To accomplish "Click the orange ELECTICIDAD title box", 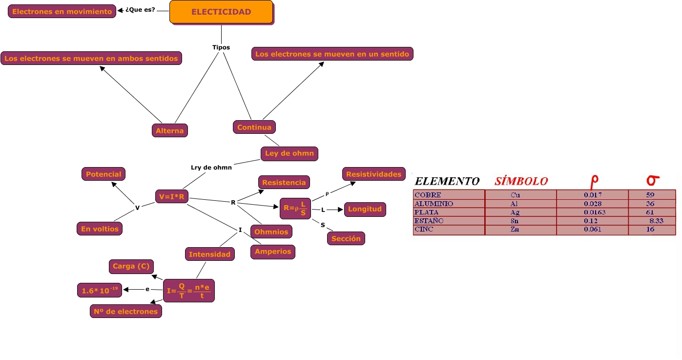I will (x=221, y=12).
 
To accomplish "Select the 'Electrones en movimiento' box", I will (x=62, y=11).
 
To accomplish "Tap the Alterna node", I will (x=170, y=130).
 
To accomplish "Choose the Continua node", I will (x=254, y=127).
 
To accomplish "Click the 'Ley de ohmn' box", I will (x=289, y=153).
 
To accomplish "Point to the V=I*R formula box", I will (x=172, y=197).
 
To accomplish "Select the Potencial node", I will (x=103, y=174).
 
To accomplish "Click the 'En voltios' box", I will (x=100, y=229).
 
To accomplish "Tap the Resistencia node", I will (x=284, y=182).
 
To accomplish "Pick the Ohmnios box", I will (x=271, y=232).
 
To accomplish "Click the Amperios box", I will (x=273, y=252).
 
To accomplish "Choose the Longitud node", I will (x=365, y=209).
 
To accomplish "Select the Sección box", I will (x=346, y=238).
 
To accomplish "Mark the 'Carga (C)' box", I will (x=131, y=266).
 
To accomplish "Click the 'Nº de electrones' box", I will (x=125, y=311).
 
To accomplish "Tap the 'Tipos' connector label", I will (x=221, y=47).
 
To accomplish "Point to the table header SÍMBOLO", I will (x=521, y=181).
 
